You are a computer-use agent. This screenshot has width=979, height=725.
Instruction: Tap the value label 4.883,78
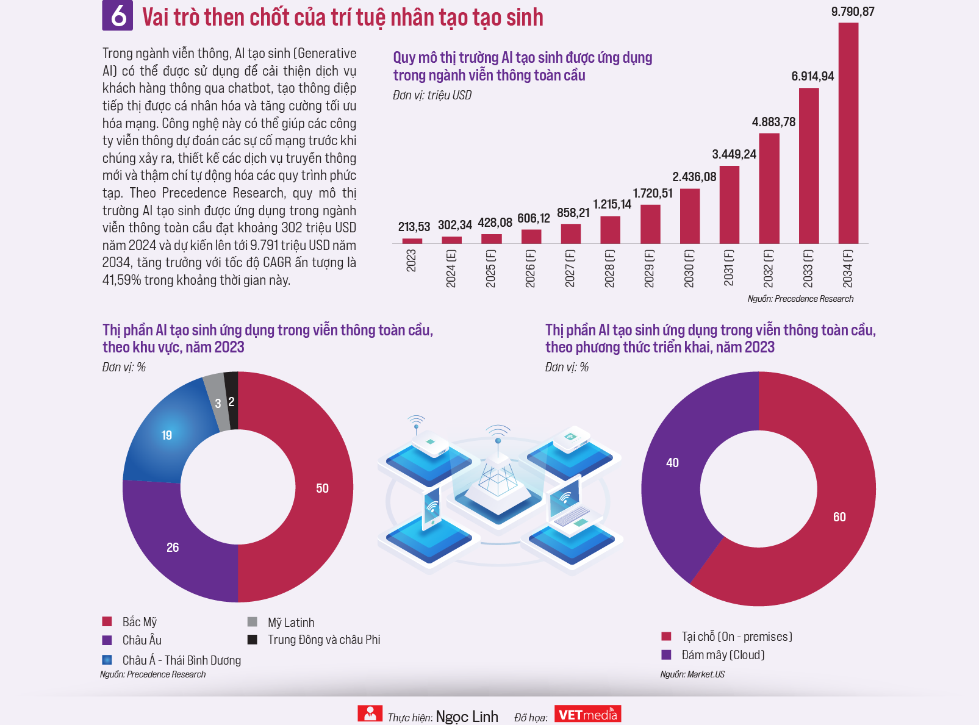773,122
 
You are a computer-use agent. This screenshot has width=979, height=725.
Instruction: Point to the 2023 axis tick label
411,261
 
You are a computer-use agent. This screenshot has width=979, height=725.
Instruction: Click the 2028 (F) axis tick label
609,268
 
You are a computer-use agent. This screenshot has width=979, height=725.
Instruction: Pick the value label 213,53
414,227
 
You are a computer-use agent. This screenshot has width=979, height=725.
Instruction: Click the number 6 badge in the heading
117,16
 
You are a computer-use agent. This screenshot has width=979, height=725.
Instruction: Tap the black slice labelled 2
232,400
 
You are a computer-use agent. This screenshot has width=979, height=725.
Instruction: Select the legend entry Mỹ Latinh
290,623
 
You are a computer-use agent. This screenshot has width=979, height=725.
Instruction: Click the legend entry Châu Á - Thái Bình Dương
181,660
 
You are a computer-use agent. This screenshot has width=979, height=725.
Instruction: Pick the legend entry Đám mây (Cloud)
723,655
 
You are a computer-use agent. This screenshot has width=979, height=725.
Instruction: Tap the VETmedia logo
587,714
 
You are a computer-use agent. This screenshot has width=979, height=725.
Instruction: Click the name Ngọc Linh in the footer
467,716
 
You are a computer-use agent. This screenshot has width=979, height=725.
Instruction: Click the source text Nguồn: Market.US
692,674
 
